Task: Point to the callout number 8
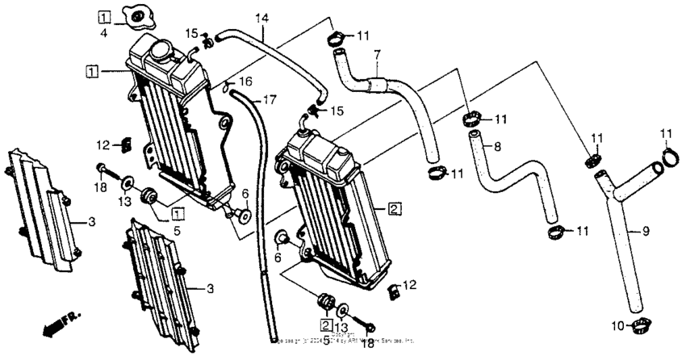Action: [496, 147]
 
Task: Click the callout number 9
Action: [645, 232]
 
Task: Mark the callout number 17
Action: [269, 100]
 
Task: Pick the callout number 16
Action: [246, 82]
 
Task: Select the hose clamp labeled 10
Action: [642, 326]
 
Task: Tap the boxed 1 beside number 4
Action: [106, 16]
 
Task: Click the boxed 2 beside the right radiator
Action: [394, 209]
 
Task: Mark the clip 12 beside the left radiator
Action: [126, 145]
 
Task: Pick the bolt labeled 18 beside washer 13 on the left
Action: [102, 170]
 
